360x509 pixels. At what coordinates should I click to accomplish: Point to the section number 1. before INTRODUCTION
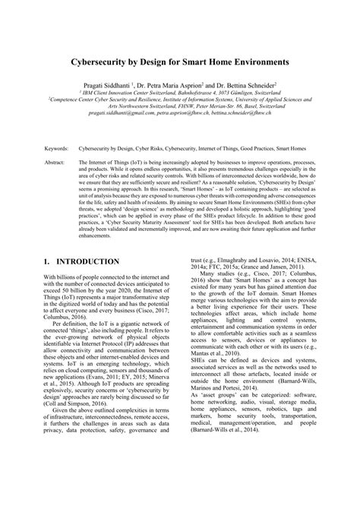(48, 262)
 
